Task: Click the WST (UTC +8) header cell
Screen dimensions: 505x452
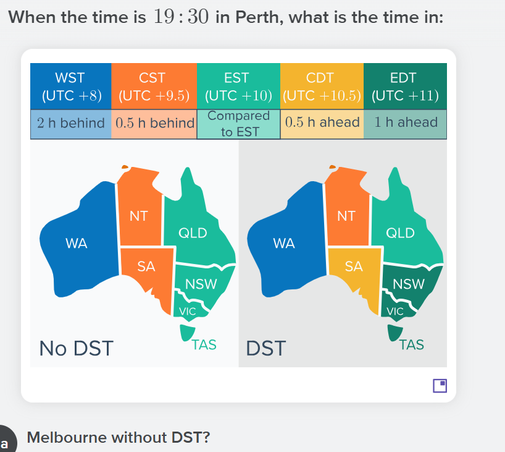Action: coord(71,87)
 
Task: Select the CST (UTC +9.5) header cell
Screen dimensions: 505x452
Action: coord(154,87)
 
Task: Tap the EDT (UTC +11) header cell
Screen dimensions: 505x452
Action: coord(405,87)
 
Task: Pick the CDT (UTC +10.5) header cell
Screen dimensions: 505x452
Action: coord(322,87)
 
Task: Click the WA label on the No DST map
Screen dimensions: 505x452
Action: coord(77,243)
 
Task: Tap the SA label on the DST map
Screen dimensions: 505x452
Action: coord(354,267)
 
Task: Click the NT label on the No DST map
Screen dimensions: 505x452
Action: coord(138,216)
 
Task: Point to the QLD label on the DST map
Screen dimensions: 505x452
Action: coord(400,233)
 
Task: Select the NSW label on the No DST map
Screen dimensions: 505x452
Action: coord(201,284)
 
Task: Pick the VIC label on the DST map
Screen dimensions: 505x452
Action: coord(395,312)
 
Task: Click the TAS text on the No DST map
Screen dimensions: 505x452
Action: coord(204,345)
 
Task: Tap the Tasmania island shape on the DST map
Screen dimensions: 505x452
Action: coord(394,331)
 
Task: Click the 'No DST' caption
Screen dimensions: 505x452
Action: coord(76,349)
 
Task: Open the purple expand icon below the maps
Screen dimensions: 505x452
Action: coord(440,386)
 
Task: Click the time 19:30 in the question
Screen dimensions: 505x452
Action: coord(181,17)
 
